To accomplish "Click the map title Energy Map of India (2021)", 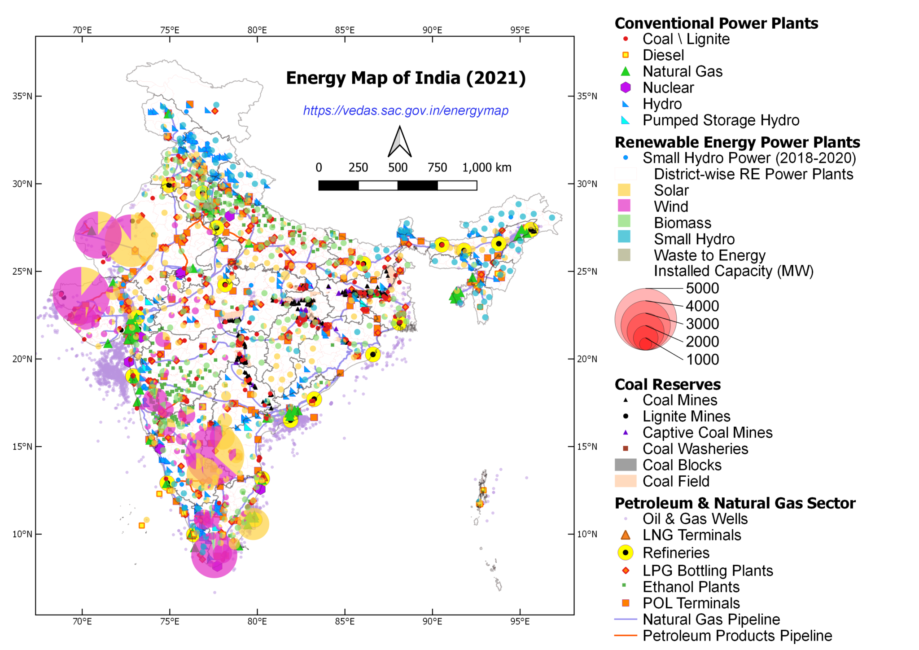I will click(x=406, y=78).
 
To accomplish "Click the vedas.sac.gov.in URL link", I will click(x=406, y=110).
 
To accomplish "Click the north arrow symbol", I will click(x=399, y=142).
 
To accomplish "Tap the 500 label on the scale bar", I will click(x=398, y=167).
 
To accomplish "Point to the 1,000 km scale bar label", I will click(x=486, y=167).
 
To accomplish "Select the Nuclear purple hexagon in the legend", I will click(x=625, y=88).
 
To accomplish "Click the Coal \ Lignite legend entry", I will click(x=686, y=39).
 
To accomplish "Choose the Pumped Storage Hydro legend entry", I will click(x=721, y=120).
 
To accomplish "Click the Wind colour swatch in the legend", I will click(x=624, y=206).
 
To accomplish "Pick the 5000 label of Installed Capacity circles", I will click(x=702, y=288).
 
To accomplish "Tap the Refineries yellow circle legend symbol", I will click(x=625, y=553).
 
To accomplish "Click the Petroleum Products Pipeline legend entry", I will click(x=737, y=636).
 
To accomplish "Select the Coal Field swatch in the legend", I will click(x=625, y=481).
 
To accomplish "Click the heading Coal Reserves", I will click(x=667, y=385).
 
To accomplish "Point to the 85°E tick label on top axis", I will click(x=345, y=30).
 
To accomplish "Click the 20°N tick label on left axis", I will click(x=22, y=359).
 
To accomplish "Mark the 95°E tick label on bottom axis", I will click(x=520, y=621).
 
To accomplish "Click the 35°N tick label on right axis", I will click(x=587, y=96).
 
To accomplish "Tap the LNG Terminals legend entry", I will click(x=691, y=535).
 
